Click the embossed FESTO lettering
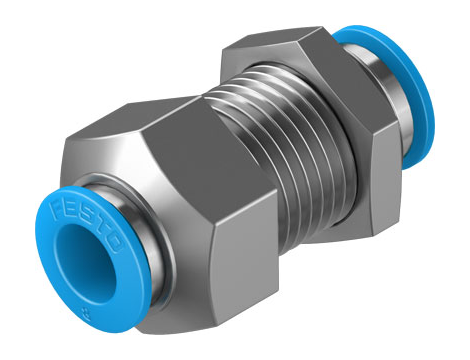click(x=86, y=225)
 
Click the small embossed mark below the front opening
click(x=88, y=312)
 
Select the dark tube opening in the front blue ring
click(x=85, y=262)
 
